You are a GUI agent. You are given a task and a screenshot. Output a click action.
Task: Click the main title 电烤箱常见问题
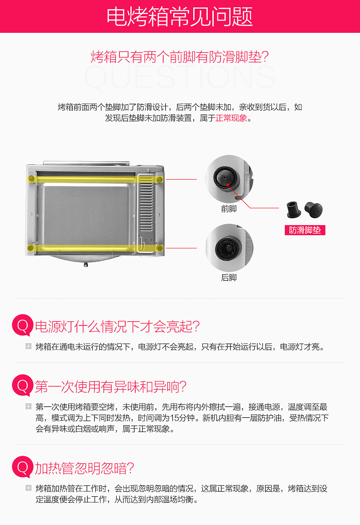click(x=180, y=17)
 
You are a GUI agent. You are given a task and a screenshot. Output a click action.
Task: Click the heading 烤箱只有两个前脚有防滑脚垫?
click(x=180, y=57)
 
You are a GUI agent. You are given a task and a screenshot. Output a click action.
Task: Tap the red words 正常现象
click(x=231, y=118)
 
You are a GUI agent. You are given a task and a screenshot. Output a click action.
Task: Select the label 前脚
click(x=229, y=209)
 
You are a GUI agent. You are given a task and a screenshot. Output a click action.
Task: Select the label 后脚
click(x=229, y=278)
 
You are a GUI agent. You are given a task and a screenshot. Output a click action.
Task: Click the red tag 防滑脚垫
click(x=305, y=230)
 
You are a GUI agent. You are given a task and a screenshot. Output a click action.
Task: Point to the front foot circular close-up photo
click(x=229, y=179)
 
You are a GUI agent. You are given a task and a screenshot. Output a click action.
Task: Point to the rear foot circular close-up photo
click(x=229, y=248)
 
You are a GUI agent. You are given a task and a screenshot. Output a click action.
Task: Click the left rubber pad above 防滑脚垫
click(x=293, y=209)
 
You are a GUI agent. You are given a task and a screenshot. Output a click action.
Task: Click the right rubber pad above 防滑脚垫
click(x=314, y=210)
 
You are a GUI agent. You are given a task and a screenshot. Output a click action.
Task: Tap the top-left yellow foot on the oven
click(x=31, y=179)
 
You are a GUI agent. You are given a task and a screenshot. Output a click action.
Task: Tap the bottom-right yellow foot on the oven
click(x=160, y=248)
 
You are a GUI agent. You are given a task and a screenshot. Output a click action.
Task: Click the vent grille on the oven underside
click(x=146, y=204)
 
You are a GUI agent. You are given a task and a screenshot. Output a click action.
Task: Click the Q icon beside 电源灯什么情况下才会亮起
click(x=22, y=325)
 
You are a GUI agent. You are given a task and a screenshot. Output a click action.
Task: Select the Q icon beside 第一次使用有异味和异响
click(x=22, y=386)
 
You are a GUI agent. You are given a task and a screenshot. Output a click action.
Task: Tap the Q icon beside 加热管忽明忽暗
click(x=22, y=467)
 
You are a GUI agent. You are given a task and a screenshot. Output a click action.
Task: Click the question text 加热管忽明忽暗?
click(x=84, y=468)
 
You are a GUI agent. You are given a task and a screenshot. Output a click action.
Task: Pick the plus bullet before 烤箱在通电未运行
click(x=28, y=346)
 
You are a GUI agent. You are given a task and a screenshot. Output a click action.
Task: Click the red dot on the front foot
click(x=227, y=185)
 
